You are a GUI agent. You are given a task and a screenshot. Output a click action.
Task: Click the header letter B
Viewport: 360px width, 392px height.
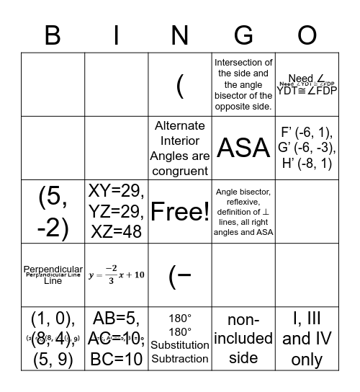(53, 34)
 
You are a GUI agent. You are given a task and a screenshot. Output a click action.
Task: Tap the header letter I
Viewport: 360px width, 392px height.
(117, 34)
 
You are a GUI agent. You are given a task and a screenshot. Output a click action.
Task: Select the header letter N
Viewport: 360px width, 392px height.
(180, 34)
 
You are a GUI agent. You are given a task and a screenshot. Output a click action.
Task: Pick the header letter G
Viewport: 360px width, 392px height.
(244, 34)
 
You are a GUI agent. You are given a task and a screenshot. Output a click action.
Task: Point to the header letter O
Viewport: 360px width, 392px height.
(307, 34)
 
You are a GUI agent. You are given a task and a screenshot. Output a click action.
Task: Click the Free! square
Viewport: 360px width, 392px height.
(180, 211)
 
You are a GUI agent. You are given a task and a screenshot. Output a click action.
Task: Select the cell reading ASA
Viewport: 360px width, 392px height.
(244, 148)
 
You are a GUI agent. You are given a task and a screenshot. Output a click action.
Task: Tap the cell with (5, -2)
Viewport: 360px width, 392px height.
(53, 211)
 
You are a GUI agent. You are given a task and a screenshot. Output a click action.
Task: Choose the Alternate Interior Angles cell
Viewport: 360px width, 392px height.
(180, 148)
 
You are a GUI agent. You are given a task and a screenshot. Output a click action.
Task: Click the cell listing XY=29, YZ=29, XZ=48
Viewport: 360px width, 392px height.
(117, 211)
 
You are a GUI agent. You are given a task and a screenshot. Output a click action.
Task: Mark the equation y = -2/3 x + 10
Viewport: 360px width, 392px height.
(117, 275)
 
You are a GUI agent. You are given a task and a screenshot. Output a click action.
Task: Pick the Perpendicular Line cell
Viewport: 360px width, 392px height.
(53, 275)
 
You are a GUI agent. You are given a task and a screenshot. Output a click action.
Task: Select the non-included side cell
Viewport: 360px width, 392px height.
(244, 338)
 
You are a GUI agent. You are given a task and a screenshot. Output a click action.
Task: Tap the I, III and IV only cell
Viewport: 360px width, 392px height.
(307, 338)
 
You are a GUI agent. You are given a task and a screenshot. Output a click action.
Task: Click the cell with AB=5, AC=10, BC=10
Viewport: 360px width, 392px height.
(117, 338)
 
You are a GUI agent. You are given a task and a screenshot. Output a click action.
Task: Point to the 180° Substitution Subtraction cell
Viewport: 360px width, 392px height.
(180, 338)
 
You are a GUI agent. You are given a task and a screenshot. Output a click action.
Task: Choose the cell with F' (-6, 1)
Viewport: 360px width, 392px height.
(307, 148)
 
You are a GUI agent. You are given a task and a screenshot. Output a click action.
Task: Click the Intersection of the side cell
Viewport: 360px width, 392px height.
(244, 84)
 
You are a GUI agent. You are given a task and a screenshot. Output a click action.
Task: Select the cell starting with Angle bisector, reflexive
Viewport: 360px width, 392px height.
(244, 211)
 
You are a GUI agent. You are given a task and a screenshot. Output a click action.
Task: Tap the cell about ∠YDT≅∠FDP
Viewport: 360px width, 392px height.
(307, 84)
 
